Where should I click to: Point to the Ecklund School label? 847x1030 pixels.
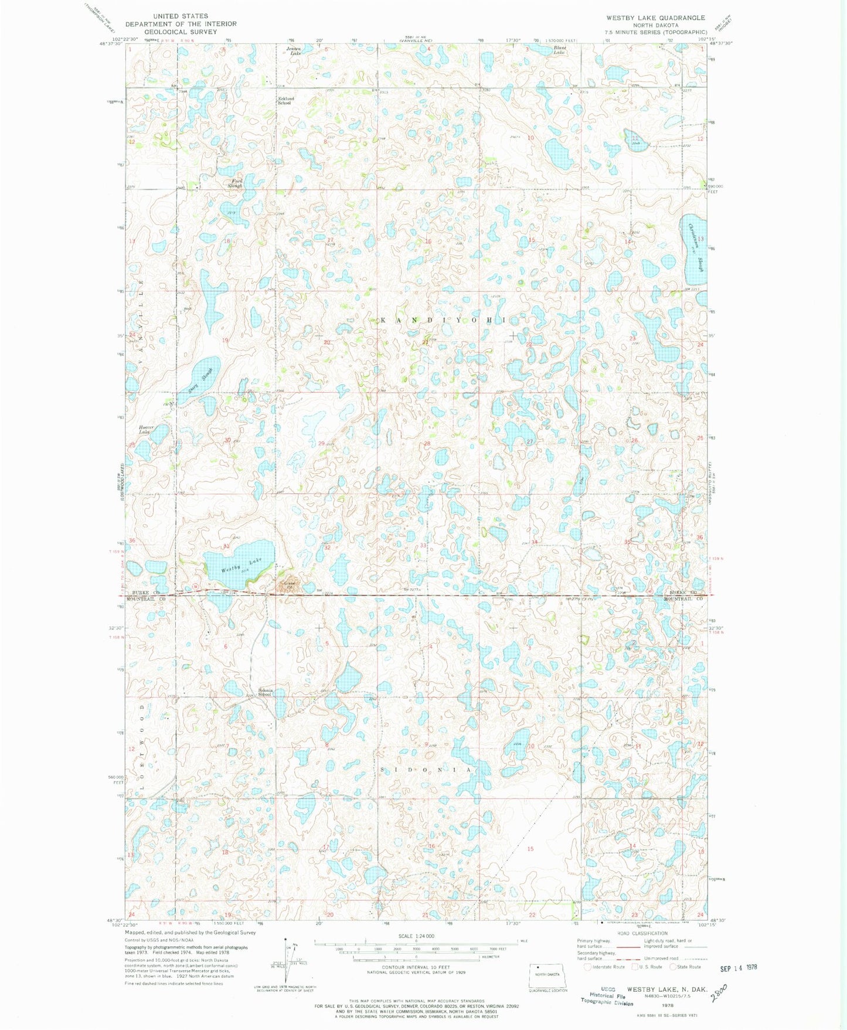click(x=285, y=100)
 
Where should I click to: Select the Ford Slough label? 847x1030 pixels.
click(x=237, y=183)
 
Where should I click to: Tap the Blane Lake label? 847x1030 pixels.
click(x=560, y=50)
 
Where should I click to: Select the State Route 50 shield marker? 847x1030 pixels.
click(x=196, y=587)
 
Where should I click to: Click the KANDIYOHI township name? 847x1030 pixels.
click(x=447, y=320)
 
